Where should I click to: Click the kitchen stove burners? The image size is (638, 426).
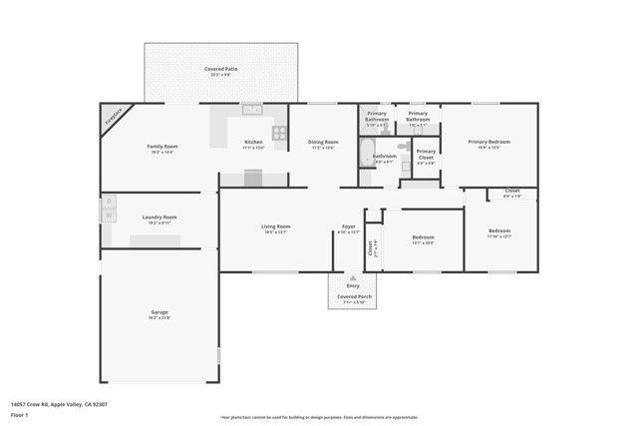pos(280,131)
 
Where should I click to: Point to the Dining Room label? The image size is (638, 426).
pos(323,143)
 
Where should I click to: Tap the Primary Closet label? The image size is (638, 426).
pos(426,156)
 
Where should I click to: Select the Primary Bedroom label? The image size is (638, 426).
pos(489,142)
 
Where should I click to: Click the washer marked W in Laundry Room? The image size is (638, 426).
pos(109,214)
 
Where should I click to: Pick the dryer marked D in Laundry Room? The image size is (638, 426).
pos(109,202)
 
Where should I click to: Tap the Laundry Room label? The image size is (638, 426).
pos(159,216)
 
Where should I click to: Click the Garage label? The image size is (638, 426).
pos(159,313)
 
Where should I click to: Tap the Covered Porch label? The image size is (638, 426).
pos(352,296)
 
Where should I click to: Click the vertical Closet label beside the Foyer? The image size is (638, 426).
pos(371,249)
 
